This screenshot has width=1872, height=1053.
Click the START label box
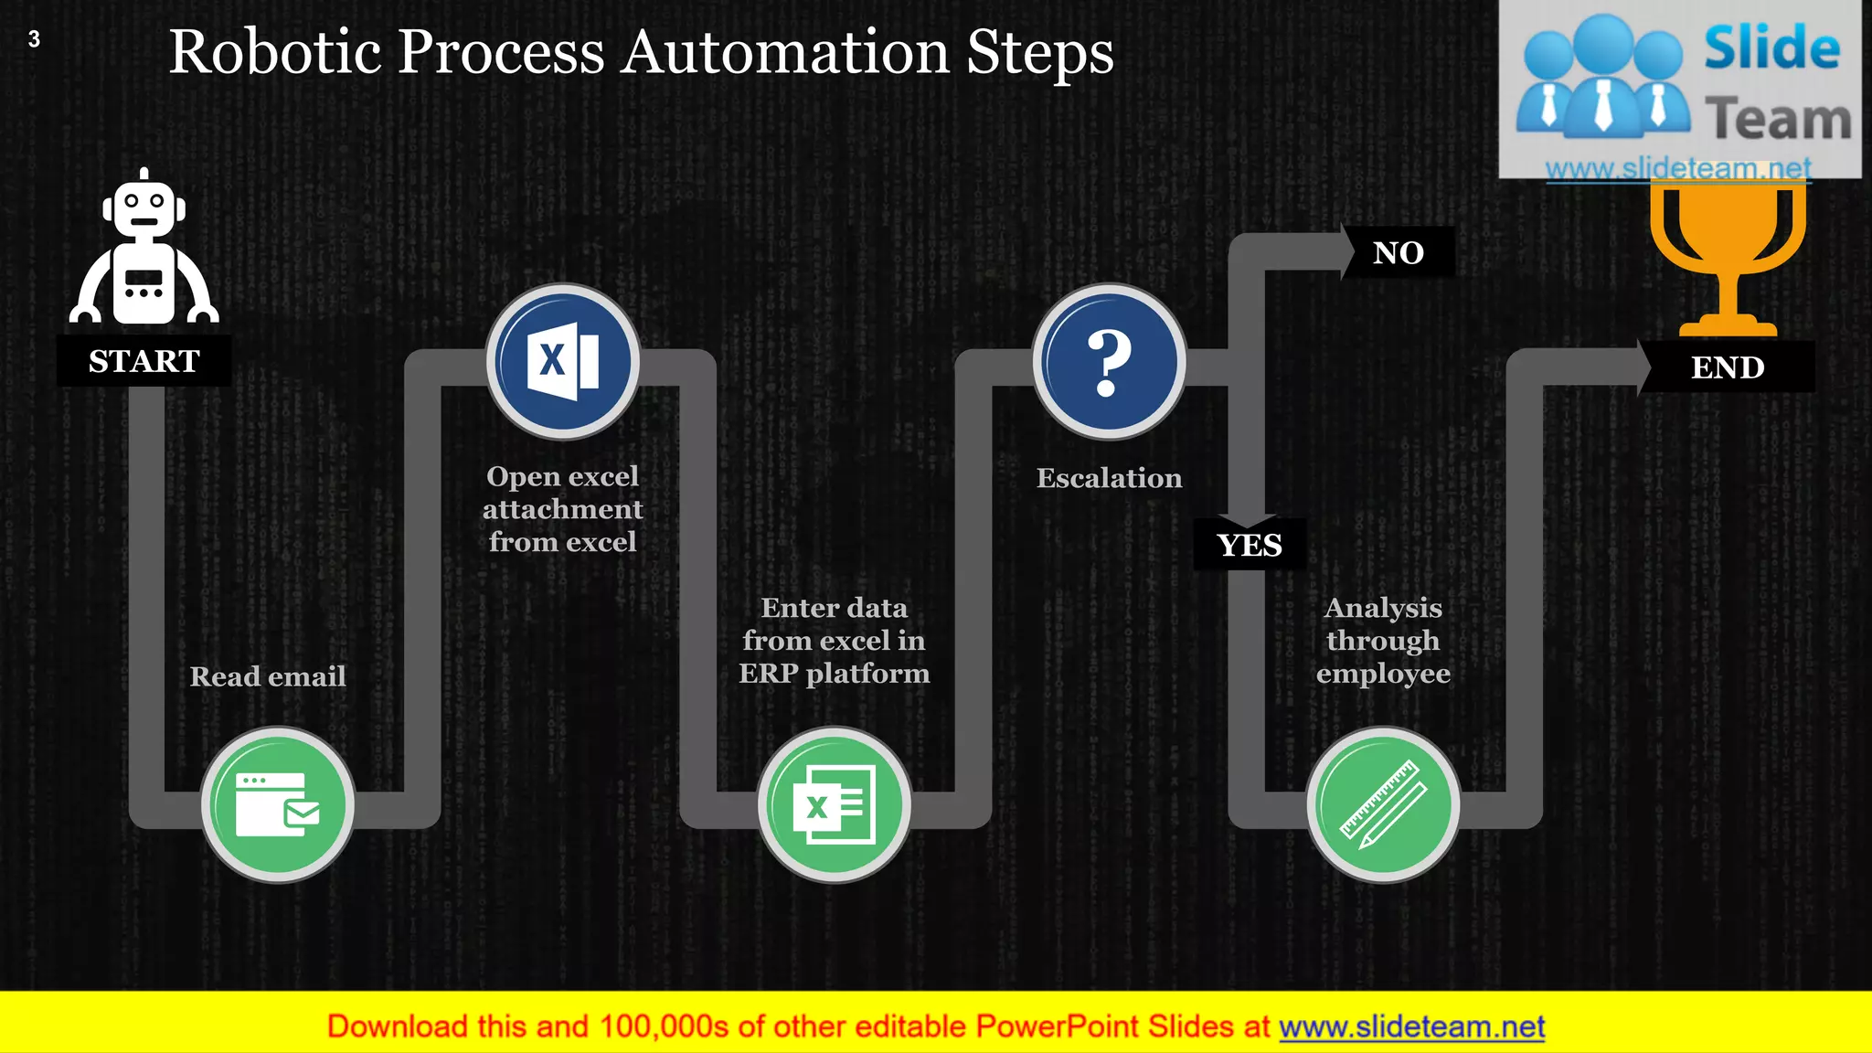tap(144, 361)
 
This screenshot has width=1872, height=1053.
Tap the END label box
tap(1727, 367)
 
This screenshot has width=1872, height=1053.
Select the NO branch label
tap(1398, 252)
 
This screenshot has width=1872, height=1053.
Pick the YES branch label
tap(1250, 545)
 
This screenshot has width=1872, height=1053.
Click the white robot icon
tap(144, 251)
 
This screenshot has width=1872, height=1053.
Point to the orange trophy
tap(1727, 256)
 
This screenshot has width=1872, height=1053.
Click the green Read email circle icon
tap(278, 804)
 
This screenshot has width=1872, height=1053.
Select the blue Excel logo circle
tap(562, 361)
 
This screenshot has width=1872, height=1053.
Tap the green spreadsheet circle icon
tap(834, 804)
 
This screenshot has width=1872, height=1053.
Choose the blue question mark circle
tap(1109, 361)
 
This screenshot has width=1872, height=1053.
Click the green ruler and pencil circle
tap(1383, 804)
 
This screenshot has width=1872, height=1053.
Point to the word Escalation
tap(1109, 478)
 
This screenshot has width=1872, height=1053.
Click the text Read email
tap(268, 676)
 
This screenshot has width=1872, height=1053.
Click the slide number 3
tap(34, 39)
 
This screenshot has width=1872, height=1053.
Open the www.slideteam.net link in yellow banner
tap(1411, 1026)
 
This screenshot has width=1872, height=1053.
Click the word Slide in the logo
tap(1771, 48)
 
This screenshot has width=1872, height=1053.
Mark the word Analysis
tap(1383, 608)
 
